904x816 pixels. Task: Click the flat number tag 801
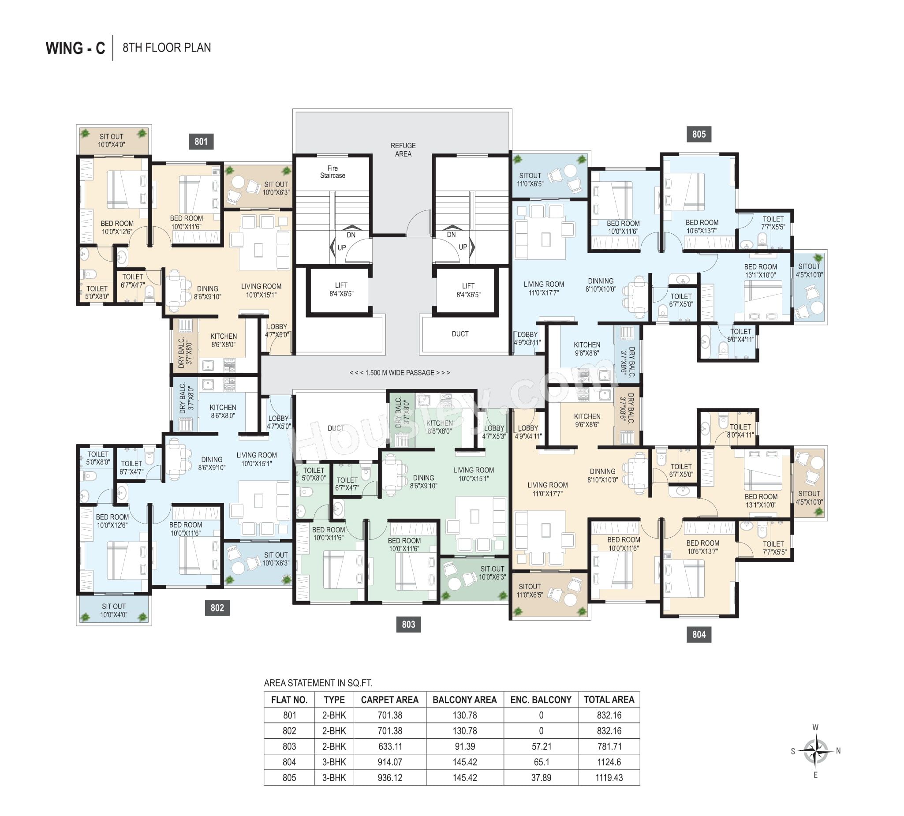click(201, 142)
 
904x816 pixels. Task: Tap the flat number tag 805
click(699, 134)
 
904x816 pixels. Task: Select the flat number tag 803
click(408, 624)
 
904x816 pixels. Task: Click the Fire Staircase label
click(332, 172)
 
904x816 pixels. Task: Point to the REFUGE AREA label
click(403, 150)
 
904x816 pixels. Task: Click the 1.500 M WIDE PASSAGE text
click(400, 373)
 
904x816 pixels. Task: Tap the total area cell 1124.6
click(609, 762)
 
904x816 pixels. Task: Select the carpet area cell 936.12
click(390, 778)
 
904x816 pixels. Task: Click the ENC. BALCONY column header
click(541, 700)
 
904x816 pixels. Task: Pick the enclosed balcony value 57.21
click(541, 746)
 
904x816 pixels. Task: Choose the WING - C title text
click(75, 48)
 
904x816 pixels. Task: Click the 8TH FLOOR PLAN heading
click(167, 48)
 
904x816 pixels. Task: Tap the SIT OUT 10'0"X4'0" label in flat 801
click(112, 140)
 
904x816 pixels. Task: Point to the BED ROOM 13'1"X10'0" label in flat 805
click(761, 271)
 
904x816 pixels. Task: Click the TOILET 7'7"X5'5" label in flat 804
click(773, 548)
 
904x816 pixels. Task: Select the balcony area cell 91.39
click(465, 746)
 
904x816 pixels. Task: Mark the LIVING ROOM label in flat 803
click(474, 474)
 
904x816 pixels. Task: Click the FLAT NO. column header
click(289, 700)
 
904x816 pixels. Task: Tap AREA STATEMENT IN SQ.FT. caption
click(318, 683)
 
